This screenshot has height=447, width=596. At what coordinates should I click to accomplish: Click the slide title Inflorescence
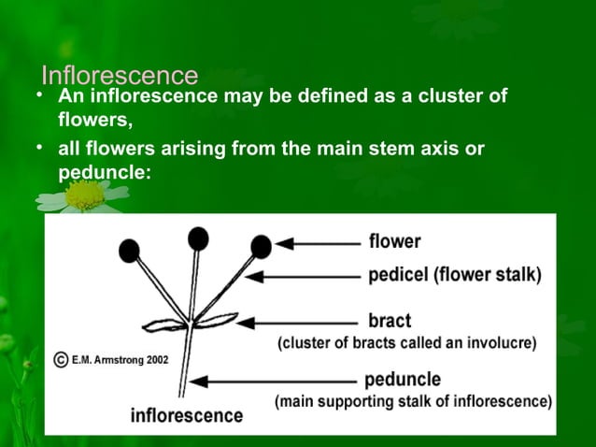pos(120,75)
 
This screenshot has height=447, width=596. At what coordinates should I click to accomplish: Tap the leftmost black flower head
pos(129,250)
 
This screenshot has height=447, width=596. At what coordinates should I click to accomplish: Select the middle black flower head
pos(198,238)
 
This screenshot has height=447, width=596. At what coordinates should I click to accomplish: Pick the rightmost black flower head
pos(262,246)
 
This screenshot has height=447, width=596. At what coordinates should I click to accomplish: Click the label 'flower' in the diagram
pos(394,242)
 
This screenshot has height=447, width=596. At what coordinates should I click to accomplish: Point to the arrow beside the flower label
pos(319,243)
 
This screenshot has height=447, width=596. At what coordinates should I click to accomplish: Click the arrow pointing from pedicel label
pos(307,276)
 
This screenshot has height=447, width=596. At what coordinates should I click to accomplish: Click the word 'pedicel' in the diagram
pos(400,276)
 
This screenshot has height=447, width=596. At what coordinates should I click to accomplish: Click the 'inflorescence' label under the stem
pos(187,414)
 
